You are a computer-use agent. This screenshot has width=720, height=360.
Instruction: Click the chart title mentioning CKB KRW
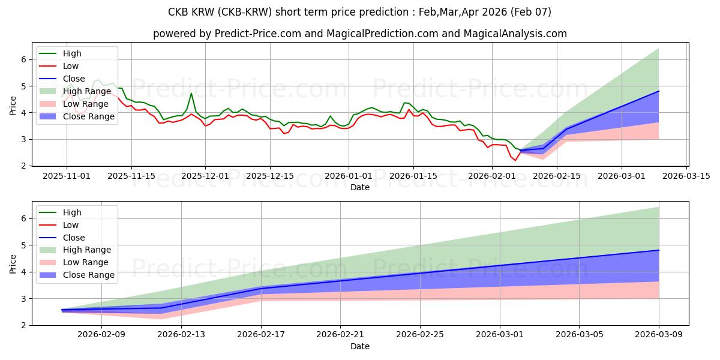pyautogui.click(x=360, y=12)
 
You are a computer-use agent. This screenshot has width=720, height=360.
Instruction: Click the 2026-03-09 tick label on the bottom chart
pyautogui.click(x=659, y=335)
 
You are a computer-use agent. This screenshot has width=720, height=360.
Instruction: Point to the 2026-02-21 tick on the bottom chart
pyautogui.click(x=340, y=335)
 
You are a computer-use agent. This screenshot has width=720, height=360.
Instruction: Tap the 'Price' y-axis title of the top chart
pyautogui.click(x=13, y=106)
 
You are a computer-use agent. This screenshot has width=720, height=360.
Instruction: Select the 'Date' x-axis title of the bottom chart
pyautogui.click(x=360, y=346)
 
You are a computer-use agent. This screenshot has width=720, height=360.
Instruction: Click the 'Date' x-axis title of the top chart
pyautogui.click(x=360, y=187)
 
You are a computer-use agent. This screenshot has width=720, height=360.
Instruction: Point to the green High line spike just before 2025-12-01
pyautogui.click(x=191, y=93)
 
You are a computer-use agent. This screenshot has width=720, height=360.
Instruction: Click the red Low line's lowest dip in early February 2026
pyautogui.click(x=515, y=160)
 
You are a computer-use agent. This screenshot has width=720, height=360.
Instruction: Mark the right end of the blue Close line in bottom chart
pyautogui.click(x=659, y=250)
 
